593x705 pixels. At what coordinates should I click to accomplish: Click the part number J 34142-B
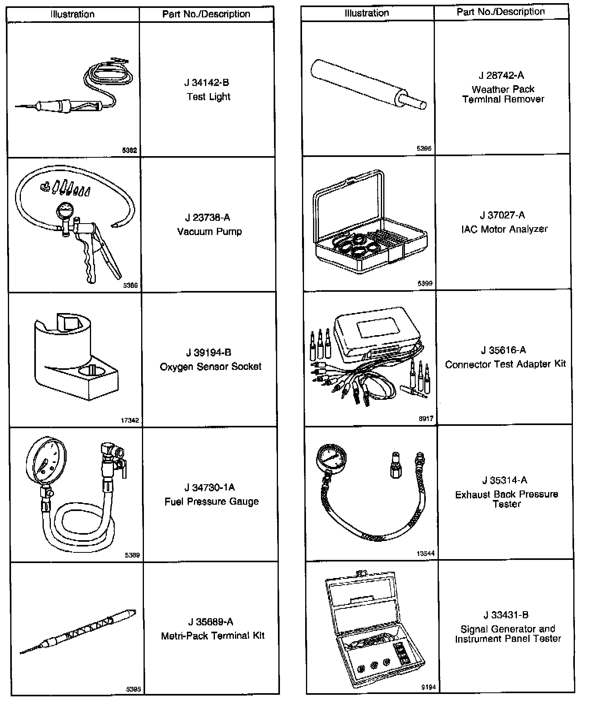[207, 83]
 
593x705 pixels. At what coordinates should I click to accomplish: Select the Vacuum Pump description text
[209, 231]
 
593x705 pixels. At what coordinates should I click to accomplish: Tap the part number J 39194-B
[209, 352]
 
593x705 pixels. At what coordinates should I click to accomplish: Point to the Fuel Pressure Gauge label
[212, 502]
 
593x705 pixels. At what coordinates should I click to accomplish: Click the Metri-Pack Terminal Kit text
[213, 636]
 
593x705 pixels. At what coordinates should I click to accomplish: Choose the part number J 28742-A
[502, 76]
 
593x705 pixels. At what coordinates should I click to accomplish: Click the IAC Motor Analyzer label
[504, 229]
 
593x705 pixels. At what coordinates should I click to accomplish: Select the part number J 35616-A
[503, 350]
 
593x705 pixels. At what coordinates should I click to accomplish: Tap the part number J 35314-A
[505, 480]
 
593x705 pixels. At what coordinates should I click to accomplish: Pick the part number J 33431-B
[506, 615]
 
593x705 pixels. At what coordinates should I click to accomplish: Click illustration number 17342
[130, 420]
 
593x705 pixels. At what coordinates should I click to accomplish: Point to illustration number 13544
[425, 554]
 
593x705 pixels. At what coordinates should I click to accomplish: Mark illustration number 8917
[426, 419]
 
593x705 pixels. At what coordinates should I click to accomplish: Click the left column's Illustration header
[73, 15]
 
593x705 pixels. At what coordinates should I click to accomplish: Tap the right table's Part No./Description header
[501, 12]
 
